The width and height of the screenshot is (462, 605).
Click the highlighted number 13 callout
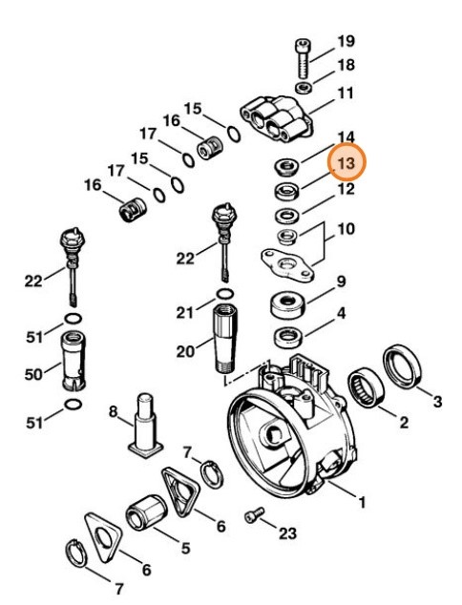(x=345, y=164)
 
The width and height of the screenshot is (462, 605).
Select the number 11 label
(x=346, y=94)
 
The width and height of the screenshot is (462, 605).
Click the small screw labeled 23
(x=253, y=515)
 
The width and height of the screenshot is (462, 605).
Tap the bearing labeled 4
(x=286, y=337)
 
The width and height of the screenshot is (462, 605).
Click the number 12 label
(x=345, y=189)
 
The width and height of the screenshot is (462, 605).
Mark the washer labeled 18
(x=302, y=88)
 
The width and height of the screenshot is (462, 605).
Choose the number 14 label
(x=345, y=137)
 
